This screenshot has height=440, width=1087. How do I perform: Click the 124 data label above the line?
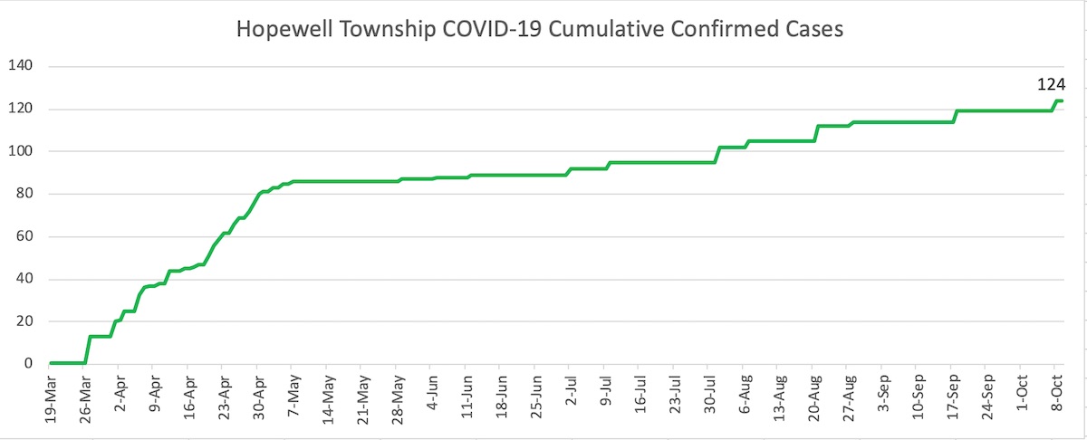[1050, 85]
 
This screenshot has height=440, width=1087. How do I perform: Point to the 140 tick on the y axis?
[21, 66]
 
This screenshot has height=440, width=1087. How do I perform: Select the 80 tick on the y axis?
[24, 194]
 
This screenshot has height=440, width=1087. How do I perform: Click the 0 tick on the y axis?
[28, 364]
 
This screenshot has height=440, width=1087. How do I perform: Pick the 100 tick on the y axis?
[21, 151]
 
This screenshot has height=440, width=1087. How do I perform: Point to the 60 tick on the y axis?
[24, 236]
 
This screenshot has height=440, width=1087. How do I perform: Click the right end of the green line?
[1062, 101]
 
